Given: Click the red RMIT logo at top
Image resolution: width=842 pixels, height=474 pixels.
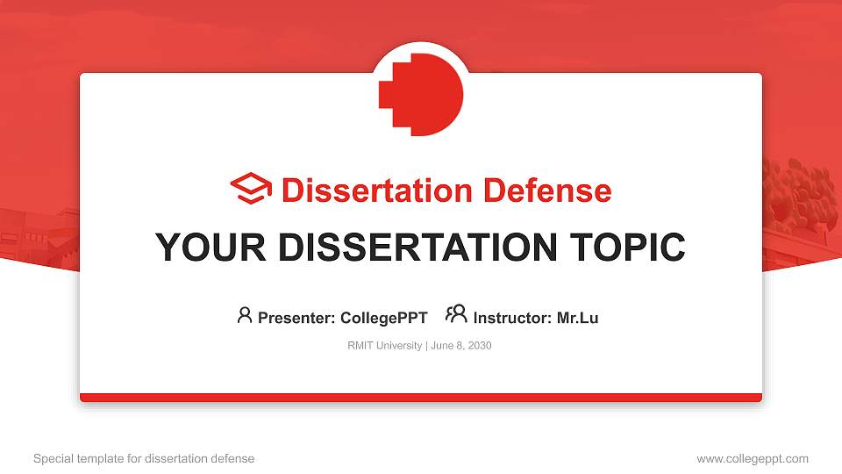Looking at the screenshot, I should (x=421, y=94).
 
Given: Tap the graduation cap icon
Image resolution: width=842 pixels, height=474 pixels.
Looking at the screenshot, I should (x=251, y=190).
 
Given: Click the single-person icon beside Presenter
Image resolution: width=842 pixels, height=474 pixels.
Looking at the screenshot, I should (x=245, y=315).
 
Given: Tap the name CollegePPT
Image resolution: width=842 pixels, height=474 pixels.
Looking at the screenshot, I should (x=384, y=318).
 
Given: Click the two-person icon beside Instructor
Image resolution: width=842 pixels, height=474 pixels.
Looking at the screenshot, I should (x=456, y=314).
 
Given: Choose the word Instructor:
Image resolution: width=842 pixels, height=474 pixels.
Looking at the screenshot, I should (x=512, y=318).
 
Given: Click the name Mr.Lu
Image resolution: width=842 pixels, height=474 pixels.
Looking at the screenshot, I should (x=577, y=318).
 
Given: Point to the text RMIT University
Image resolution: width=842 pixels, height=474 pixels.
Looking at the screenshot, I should (x=385, y=346).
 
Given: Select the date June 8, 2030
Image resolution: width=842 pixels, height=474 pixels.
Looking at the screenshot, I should (x=461, y=346).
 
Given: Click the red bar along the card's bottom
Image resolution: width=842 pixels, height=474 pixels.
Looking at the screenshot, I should (x=421, y=398).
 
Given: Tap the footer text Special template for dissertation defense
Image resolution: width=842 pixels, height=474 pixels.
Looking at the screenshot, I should (x=144, y=458).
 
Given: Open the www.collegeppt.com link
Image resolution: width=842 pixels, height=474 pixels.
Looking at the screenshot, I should (x=753, y=458).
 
